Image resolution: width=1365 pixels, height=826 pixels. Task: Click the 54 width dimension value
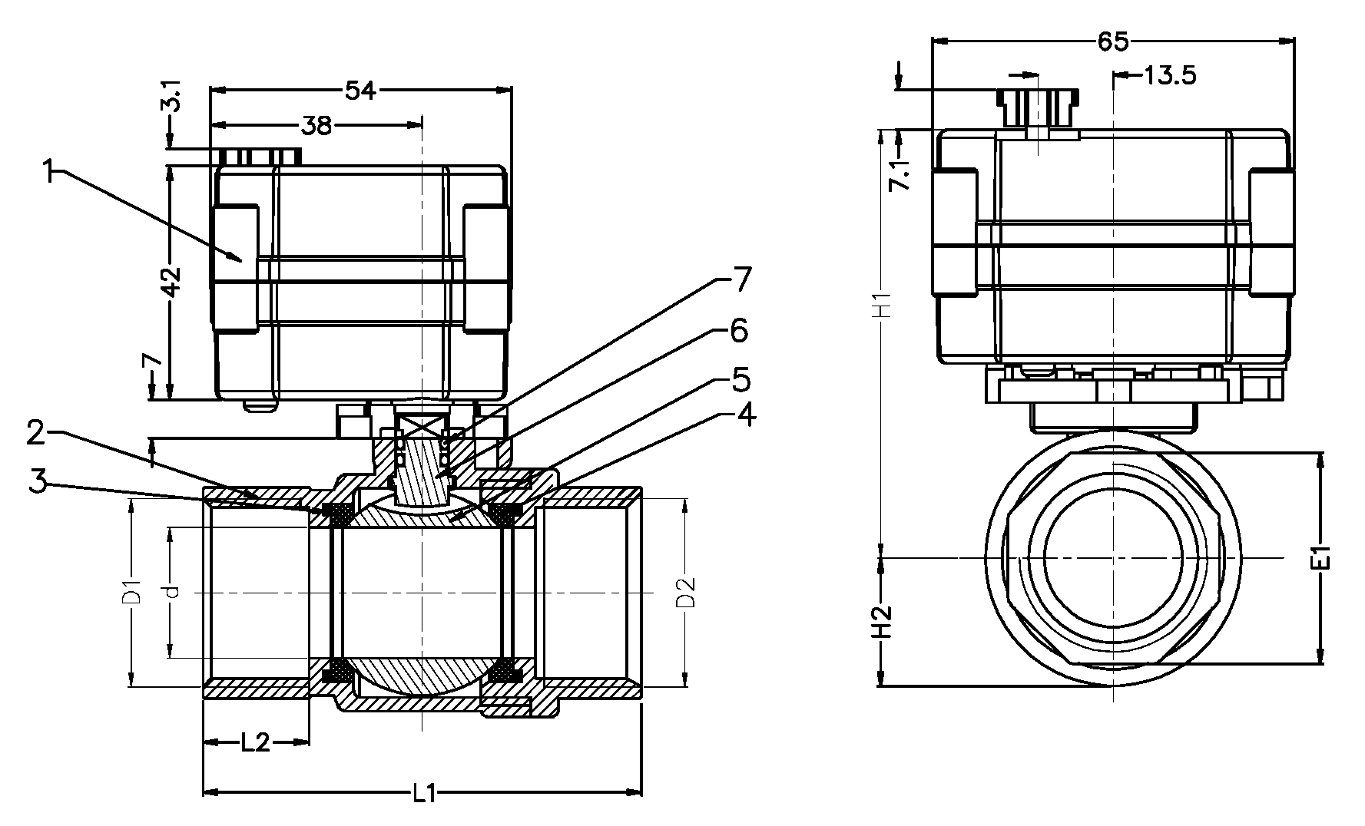(x=359, y=91)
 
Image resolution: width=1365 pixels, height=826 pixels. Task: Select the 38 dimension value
(x=315, y=125)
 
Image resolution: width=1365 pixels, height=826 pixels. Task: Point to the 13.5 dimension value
(x=1169, y=76)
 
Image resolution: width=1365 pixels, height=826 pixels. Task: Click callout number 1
(x=49, y=170)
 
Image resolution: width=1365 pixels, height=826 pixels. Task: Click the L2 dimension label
(x=255, y=742)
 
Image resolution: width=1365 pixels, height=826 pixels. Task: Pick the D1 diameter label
(x=133, y=592)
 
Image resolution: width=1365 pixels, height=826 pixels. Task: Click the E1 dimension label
(x=1320, y=558)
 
